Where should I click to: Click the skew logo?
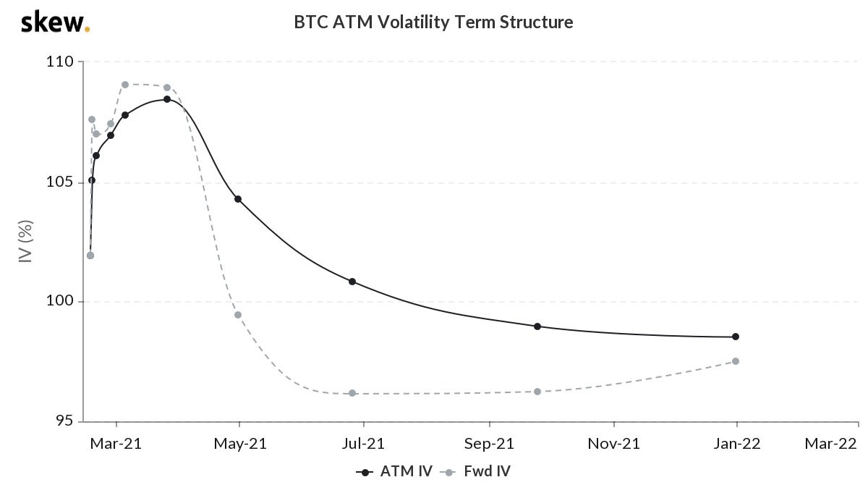point(55,22)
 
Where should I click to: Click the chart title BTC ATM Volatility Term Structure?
point(433,22)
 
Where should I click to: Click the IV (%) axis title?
point(27,242)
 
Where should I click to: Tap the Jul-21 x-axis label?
point(364,444)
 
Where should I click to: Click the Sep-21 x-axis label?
point(489,444)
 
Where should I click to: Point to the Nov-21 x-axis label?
point(614,444)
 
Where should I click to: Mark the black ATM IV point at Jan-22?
point(736,337)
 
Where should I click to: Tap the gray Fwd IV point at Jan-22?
point(736,361)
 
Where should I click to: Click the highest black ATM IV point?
point(167,99)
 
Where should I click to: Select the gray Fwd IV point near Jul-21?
point(352,393)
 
